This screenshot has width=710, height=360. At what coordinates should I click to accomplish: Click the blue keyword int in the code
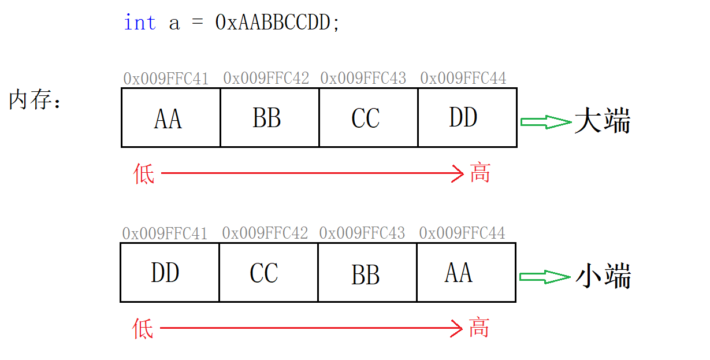click(139, 23)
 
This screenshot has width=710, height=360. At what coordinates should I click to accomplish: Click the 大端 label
click(602, 122)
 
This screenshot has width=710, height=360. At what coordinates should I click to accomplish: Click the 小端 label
click(603, 277)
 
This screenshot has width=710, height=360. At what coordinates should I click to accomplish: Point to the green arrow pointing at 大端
click(545, 122)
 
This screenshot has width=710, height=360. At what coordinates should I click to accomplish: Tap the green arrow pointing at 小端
click(545, 277)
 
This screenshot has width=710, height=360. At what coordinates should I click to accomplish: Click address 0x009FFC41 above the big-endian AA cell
click(166, 78)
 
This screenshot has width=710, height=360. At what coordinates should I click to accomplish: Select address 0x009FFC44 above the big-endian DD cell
click(463, 78)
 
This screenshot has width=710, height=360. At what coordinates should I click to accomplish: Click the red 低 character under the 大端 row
click(144, 173)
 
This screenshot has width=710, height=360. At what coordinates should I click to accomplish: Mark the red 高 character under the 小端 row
click(479, 328)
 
